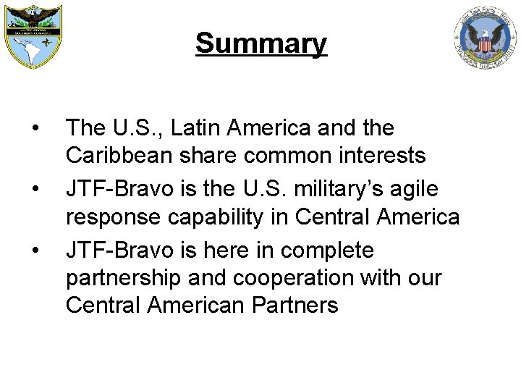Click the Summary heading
point(260,43)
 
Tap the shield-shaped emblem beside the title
point(33,37)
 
